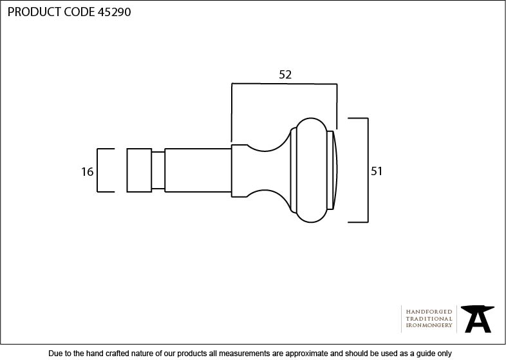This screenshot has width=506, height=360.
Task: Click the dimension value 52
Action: (x=285, y=75)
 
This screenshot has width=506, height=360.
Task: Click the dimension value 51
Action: (x=377, y=171)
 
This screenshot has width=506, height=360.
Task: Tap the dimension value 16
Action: (x=87, y=172)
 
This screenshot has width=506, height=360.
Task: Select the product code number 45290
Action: (x=114, y=12)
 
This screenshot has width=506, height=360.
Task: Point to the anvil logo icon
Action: (x=477, y=319)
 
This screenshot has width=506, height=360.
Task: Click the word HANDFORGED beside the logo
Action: (x=429, y=312)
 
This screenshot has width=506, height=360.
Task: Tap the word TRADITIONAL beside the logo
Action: (x=429, y=319)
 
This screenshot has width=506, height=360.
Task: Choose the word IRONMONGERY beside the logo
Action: (x=429, y=325)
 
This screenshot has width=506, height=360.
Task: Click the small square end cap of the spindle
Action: (x=139, y=170)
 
